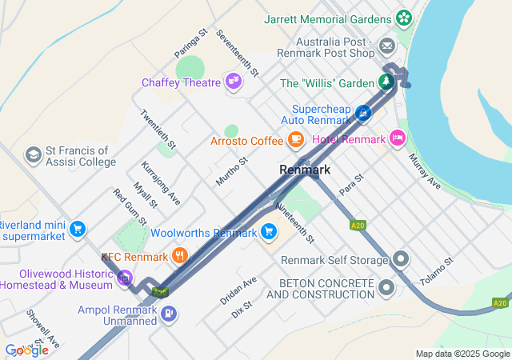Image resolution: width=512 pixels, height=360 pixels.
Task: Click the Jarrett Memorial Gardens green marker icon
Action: (404, 17)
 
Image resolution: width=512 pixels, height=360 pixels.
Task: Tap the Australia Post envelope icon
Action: (388, 46)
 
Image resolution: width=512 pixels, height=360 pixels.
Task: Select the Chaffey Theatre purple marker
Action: (234, 82)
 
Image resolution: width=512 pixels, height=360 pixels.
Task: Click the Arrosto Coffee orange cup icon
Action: (296, 141)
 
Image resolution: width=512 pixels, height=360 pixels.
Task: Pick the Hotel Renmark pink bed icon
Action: (398, 138)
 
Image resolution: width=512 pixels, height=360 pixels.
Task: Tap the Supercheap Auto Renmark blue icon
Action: (364, 114)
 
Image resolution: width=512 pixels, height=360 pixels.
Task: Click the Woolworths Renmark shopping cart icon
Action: (270, 233)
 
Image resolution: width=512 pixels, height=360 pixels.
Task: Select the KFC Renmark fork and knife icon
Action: (181, 257)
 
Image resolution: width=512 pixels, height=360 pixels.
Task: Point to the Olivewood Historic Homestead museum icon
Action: (124, 278)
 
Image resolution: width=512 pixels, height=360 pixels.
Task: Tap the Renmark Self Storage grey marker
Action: (401, 260)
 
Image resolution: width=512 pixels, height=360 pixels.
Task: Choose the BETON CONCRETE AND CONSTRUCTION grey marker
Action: (388, 287)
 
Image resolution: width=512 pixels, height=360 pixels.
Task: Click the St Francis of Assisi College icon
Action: (34, 154)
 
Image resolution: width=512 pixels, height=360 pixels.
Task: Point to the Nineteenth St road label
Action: (294, 222)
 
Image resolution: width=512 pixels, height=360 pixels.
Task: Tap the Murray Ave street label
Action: (424, 172)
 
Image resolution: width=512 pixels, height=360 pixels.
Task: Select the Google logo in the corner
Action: (26, 350)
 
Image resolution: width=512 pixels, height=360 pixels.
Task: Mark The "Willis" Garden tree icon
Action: (387, 83)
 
